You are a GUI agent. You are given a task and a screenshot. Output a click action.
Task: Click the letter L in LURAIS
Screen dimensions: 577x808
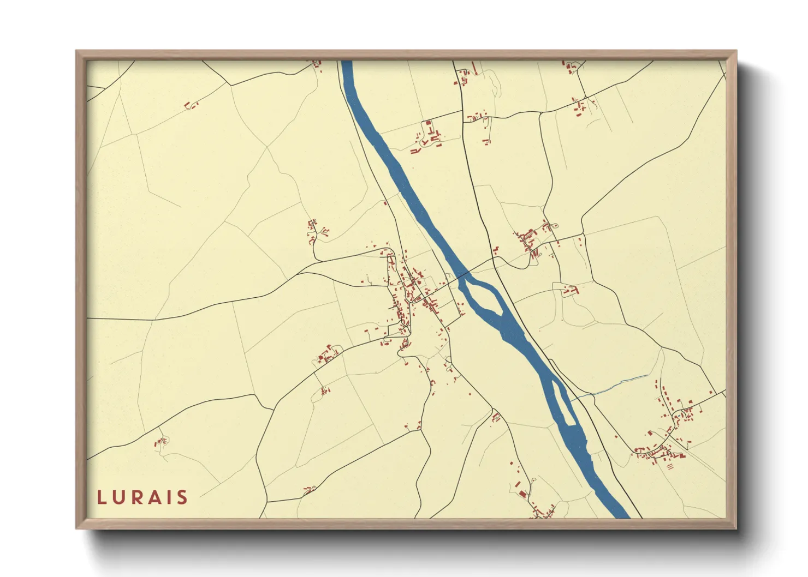[x=102, y=497]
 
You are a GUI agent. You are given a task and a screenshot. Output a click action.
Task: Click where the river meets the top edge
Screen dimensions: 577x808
[x=346, y=62]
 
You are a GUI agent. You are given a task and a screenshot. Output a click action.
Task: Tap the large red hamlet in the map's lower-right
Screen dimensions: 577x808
[x=666, y=436]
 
